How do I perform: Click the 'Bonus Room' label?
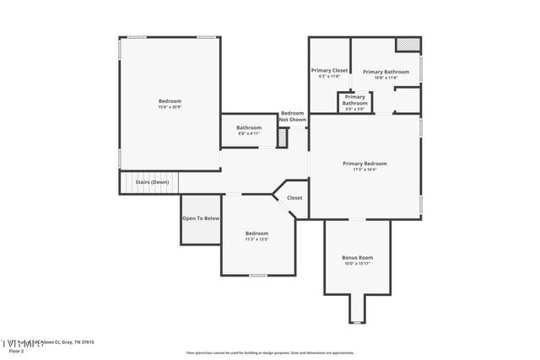[358, 257]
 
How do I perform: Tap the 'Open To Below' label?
[201, 218]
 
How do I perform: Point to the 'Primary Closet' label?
[329, 71]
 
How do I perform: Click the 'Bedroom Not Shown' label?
[292, 116]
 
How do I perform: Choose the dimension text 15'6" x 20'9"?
[170, 107]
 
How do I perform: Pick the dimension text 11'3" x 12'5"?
[256, 239]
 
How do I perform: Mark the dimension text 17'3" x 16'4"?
[364, 169]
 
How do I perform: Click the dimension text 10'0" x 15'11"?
[358, 264]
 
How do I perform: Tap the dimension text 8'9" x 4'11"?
[249, 133]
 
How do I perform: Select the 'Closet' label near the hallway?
[294, 198]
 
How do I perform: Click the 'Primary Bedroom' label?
[364, 163]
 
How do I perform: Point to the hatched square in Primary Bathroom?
[408, 44]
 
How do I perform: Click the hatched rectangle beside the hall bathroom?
[283, 138]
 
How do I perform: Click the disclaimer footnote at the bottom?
[270, 353]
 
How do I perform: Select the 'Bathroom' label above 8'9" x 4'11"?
[249, 127]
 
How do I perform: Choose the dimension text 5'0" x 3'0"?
[354, 109]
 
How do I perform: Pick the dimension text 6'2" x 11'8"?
[329, 77]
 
